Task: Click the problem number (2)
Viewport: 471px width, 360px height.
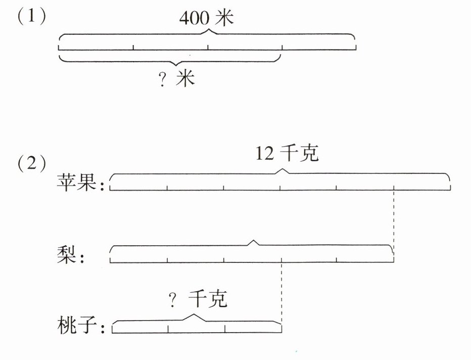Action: coord(32,165)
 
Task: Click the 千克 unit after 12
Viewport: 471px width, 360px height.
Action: coord(301,154)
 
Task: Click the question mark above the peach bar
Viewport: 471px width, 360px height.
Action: coord(173,301)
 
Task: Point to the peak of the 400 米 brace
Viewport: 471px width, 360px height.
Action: coord(207,31)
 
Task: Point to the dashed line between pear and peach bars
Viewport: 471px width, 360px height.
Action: coord(281,293)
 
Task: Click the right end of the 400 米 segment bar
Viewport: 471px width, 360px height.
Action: coord(355,48)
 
